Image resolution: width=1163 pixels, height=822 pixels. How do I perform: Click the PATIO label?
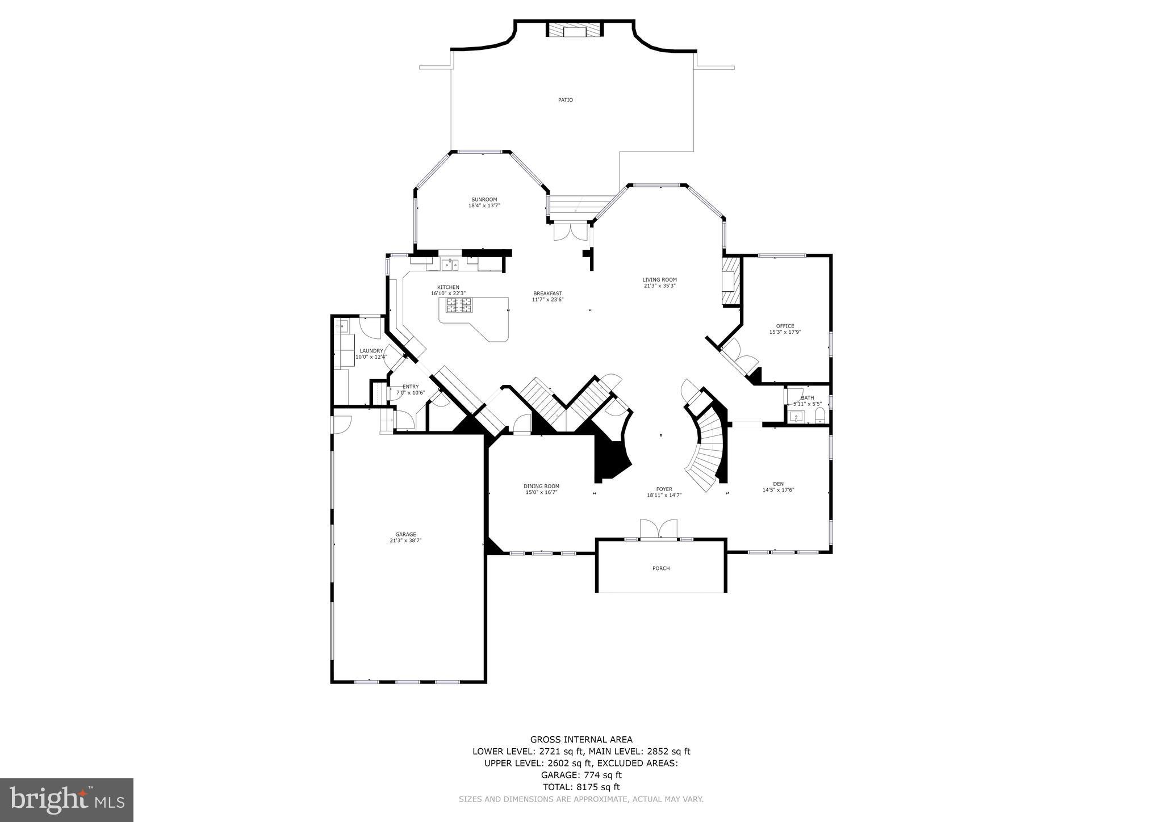(x=565, y=100)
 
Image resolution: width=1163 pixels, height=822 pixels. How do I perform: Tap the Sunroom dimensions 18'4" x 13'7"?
(x=484, y=205)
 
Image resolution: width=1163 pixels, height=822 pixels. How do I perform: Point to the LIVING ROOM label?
(x=659, y=279)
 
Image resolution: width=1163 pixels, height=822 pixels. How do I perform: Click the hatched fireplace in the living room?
(x=730, y=282)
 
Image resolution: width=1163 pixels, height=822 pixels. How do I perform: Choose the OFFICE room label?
(x=785, y=326)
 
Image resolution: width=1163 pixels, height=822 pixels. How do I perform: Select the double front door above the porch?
(x=659, y=529)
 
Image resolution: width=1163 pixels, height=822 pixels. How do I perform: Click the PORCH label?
(x=660, y=568)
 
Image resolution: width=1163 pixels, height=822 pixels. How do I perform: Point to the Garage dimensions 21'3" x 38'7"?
(x=405, y=540)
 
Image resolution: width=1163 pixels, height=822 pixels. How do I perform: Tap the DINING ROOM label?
(x=541, y=486)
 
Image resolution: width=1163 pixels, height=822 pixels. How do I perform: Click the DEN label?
(x=778, y=484)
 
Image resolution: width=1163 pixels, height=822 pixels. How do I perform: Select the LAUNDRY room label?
(x=371, y=351)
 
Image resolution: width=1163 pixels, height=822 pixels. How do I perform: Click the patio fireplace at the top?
(x=574, y=30)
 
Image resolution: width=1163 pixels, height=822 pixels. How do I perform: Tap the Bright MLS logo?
(x=66, y=800)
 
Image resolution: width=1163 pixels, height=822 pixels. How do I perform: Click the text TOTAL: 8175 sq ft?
(x=581, y=787)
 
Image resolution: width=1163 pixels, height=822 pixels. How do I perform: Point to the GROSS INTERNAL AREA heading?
(x=581, y=739)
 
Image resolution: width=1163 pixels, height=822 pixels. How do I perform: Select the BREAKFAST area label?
(x=547, y=293)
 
